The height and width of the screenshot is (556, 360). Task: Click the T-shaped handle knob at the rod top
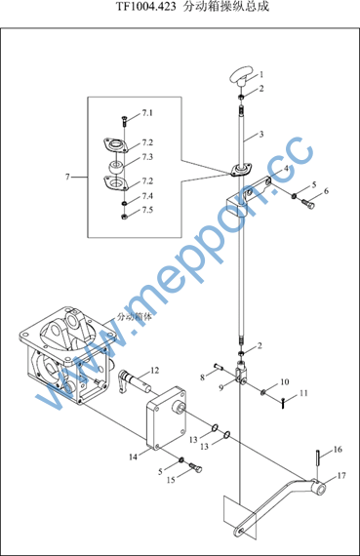click(x=242, y=76)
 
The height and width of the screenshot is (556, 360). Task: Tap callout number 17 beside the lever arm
click(x=340, y=475)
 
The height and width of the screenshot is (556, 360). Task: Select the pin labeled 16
click(x=319, y=458)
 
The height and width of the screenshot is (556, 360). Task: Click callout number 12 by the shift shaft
click(x=155, y=371)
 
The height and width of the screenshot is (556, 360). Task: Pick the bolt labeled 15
click(x=196, y=467)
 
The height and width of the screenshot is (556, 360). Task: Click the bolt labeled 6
click(x=308, y=204)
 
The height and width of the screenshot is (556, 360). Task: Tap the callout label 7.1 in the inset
click(x=147, y=113)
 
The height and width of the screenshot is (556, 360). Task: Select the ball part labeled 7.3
click(x=115, y=167)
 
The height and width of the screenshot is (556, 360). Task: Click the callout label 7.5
click(x=147, y=210)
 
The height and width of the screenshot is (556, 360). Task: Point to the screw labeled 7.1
click(x=124, y=122)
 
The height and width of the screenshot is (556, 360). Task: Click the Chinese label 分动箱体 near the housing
click(x=134, y=317)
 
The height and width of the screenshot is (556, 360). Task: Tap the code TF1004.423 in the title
click(x=145, y=7)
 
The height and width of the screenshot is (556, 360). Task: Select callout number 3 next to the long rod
click(x=261, y=135)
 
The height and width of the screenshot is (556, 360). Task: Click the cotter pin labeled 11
click(x=283, y=403)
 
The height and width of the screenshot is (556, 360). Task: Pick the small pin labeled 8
click(x=219, y=367)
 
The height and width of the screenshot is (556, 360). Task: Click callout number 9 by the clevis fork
click(x=220, y=387)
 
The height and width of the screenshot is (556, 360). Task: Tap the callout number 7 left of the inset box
click(x=67, y=177)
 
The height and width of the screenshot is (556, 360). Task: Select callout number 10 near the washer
click(x=285, y=382)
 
